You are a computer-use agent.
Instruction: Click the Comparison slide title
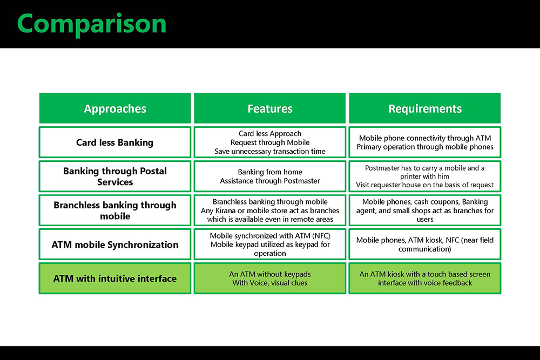92,24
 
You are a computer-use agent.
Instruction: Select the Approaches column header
115,109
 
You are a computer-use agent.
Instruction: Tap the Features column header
270,109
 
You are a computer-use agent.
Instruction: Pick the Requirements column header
425,109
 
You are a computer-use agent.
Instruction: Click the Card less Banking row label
114,142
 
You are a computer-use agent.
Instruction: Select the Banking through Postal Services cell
115,176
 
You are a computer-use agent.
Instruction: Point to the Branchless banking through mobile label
115,210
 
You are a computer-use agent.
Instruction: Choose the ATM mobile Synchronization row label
115,244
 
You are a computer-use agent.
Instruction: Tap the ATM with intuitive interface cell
115,279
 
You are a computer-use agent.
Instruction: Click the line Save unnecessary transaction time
270,152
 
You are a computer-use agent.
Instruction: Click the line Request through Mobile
270,142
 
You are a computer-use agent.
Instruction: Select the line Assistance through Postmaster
270,181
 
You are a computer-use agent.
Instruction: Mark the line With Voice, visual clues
270,283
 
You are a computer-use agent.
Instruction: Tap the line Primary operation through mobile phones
425,147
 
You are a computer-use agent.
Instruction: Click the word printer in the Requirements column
412,176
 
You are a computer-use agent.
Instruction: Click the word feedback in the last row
457,283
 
